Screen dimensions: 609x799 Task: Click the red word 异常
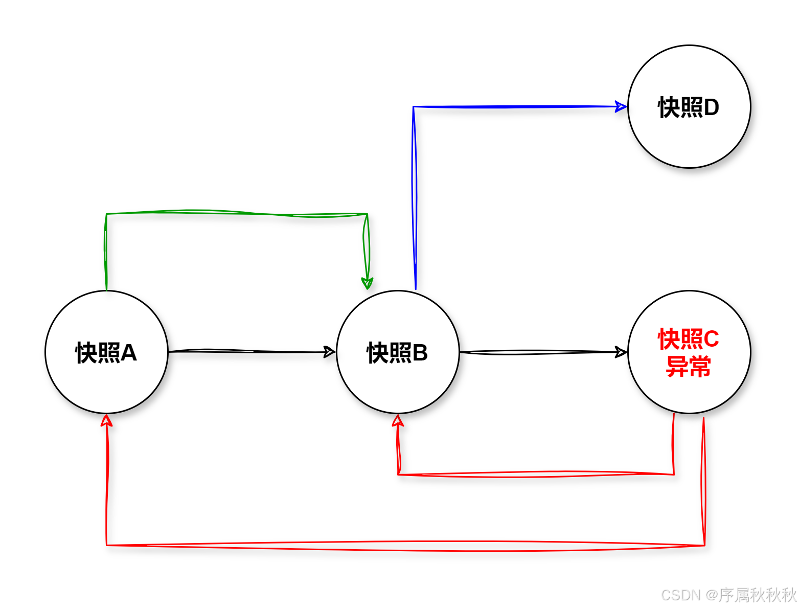(x=689, y=367)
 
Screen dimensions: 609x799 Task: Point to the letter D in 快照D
(x=712, y=107)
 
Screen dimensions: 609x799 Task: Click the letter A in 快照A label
(x=129, y=353)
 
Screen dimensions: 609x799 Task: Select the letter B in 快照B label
(x=420, y=353)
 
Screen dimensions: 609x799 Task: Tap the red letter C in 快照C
(x=711, y=339)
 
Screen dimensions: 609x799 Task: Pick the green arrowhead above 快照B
(x=367, y=283)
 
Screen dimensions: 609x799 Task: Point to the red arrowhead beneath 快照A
(x=106, y=420)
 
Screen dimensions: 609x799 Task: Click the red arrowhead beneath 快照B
(x=398, y=420)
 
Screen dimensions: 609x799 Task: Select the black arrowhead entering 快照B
(x=330, y=352)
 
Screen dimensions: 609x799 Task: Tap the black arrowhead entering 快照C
(x=621, y=352)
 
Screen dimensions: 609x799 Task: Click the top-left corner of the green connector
(x=106, y=214)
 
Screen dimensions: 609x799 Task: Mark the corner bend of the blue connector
(x=414, y=107)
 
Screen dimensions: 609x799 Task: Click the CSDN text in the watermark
(x=680, y=595)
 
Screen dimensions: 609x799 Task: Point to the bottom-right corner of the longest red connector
(x=704, y=545)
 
